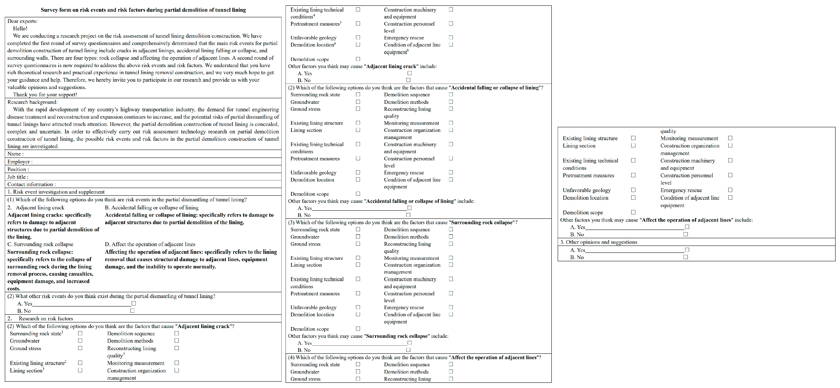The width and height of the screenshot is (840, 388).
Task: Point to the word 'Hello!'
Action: pos(20,29)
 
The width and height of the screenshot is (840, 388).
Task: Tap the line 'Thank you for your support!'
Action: pos(45,95)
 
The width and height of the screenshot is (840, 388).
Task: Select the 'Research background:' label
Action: pos(32,102)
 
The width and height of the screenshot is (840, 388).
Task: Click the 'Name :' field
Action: pos(16,154)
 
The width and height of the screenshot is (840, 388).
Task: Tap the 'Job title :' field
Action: pos(18,177)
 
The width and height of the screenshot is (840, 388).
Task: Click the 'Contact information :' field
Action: pos(32,184)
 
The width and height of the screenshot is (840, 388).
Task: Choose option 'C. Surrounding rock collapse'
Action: pos(40,244)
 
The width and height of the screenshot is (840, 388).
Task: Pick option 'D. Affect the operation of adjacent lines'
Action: pos(150,244)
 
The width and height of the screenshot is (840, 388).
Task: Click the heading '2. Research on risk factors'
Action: pos(40,319)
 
